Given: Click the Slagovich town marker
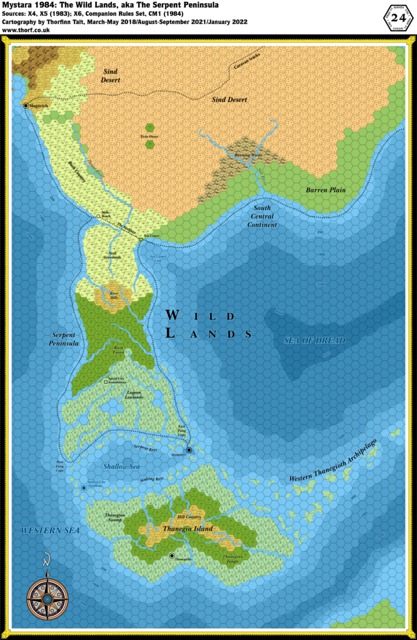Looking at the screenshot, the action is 26,106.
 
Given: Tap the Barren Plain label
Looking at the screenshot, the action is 325,189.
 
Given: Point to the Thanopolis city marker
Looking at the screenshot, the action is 171,556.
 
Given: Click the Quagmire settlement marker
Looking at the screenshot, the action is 189,449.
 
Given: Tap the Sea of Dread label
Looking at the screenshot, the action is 314,341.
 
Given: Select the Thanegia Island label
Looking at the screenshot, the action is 188,529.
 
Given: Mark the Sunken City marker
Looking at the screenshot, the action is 83,488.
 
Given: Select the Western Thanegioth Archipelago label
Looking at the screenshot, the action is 341,467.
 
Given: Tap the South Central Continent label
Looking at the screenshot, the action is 262,216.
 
